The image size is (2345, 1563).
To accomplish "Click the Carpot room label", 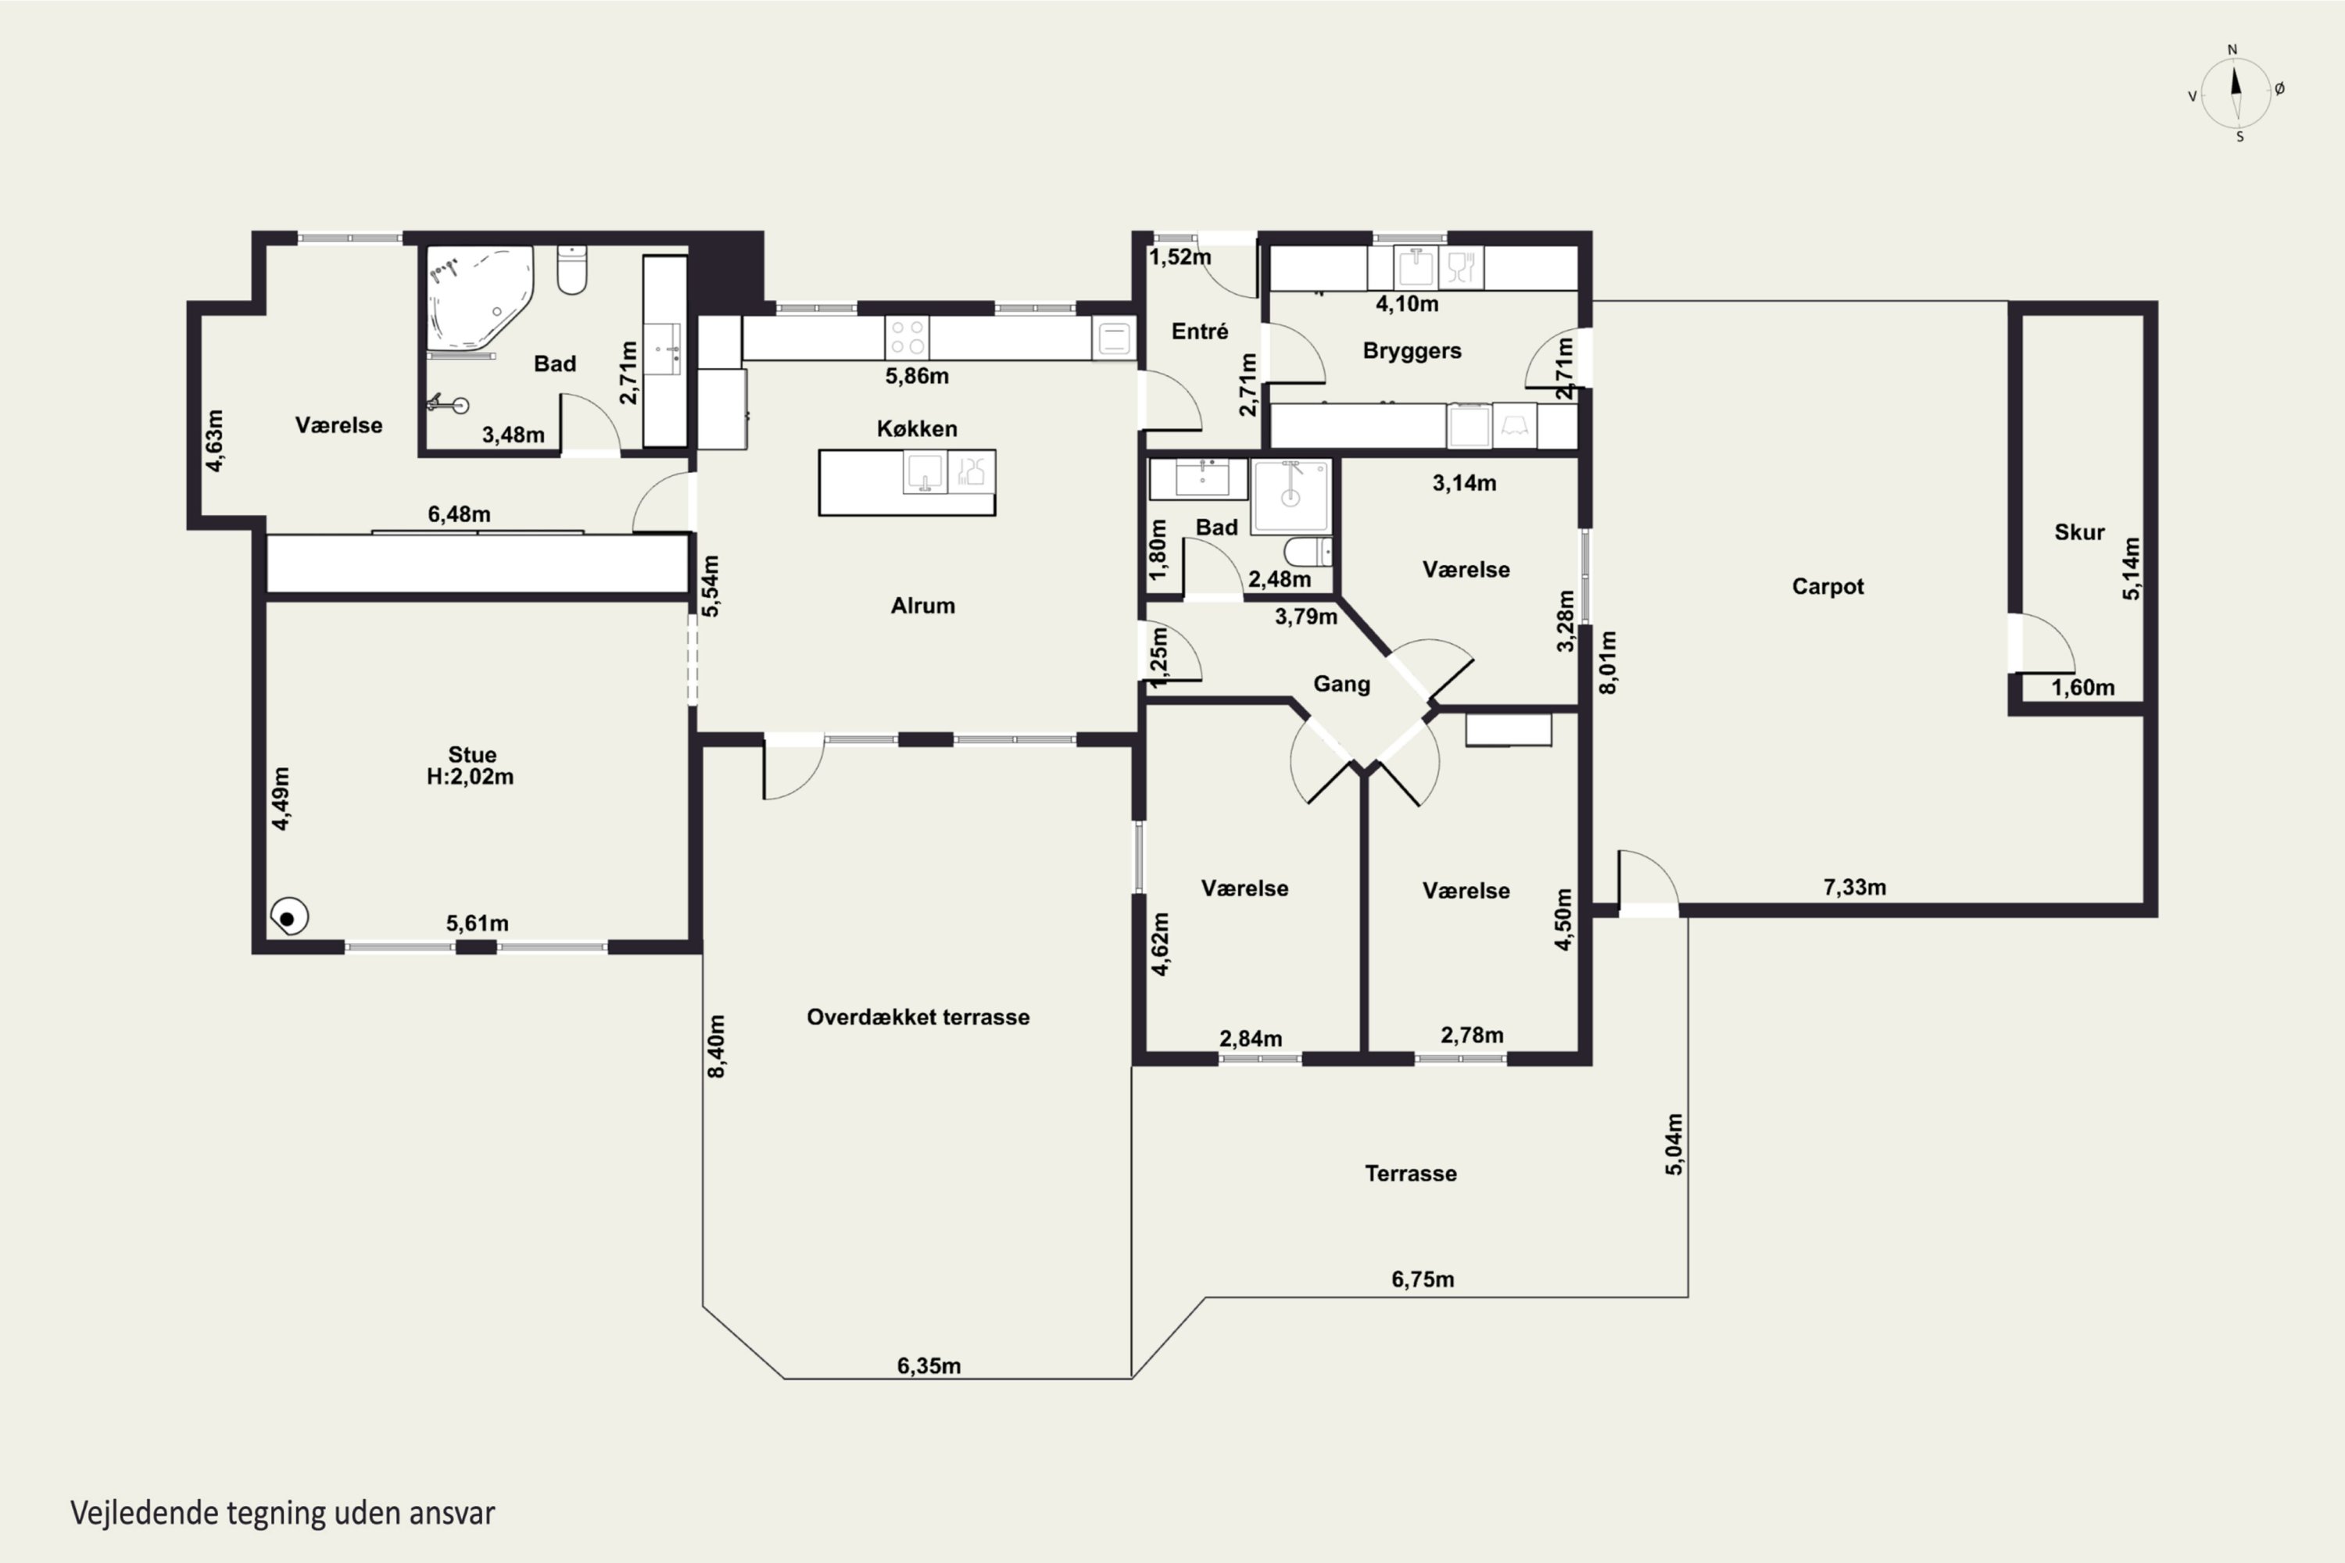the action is coord(1828,586).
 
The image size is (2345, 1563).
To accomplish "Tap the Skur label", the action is coord(2078,532).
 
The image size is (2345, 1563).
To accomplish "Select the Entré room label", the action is coord(1199,331).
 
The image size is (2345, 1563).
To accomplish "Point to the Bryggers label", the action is coord(1412,351).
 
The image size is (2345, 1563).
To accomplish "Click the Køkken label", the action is coord(917,428).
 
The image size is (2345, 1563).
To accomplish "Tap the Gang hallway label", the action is coord(1341,684).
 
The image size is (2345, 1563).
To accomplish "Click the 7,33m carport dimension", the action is coord(1854,887).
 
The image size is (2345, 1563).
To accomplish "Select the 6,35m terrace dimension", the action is coord(929,1365).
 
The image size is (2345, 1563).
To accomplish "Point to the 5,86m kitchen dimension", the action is coord(917,376).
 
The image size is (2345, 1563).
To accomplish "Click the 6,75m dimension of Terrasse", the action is coord(1423,1279).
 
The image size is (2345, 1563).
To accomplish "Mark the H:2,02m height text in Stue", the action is coord(471,777).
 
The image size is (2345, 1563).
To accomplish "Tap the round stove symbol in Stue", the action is coord(289,917).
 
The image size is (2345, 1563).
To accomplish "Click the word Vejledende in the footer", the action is coord(145,1513).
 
